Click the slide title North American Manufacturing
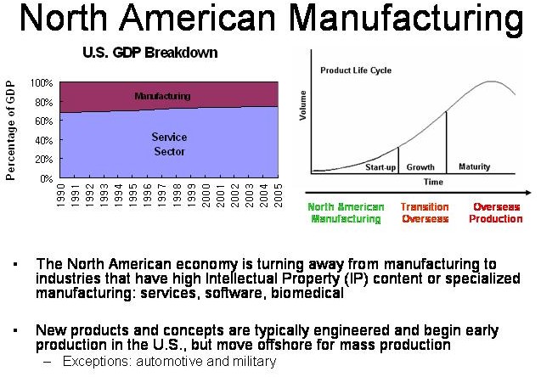coord(272,20)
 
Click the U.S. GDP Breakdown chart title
coord(150,53)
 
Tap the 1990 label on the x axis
coord(61,195)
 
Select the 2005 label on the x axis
coord(278,195)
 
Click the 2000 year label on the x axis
coord(206,195)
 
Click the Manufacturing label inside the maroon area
coord(162,96)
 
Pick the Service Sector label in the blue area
coord(169,144)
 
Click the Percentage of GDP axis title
coord(11,131)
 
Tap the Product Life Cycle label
coord(356,70)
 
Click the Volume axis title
coord(303,105)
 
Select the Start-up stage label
coord(380,167)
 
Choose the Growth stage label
coord(420,167)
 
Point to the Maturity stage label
coord(475,167)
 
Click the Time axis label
coord(433,182)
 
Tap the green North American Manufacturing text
coord(346,213)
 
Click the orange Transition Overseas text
coord(425,213)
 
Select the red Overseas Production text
coord(496,213)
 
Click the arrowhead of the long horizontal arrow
coord(528,193)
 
